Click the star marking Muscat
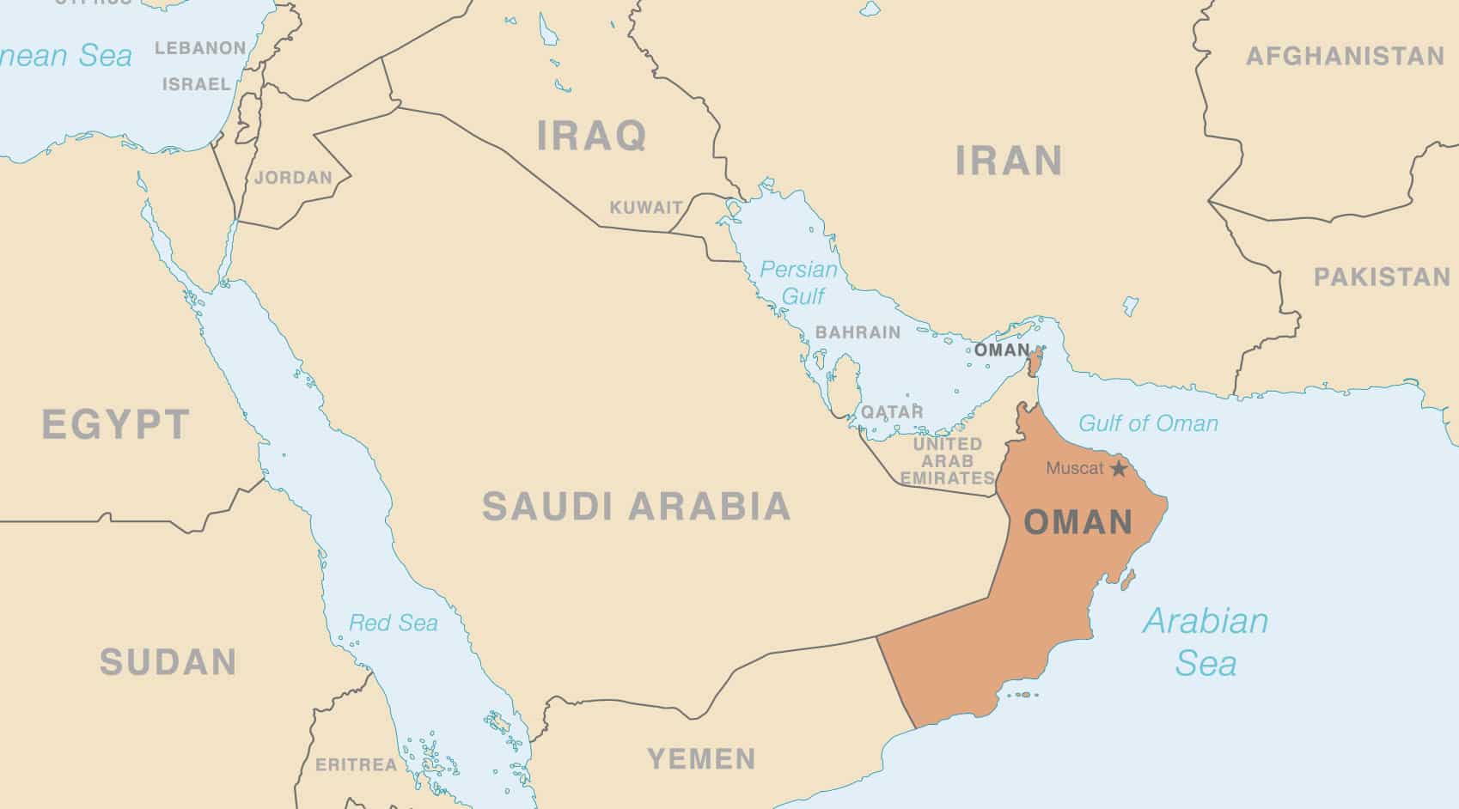pyautogui.click(x=1119, y=469)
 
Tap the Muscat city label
pyautogui.click(x=1074, y=469)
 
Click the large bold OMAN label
pyautogui.click(x=1078, y=522)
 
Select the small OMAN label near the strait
pyautogui.click(x=1001, y=350)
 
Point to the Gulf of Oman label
pyautogui.click(x=1148, y=423)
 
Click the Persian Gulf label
pyautogui.click(x=798, y=283)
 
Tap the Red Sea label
pyautogui.click(x=394, y=623)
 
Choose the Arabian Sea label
pyautogui.click(x=1206, y=642)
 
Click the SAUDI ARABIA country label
pyautogui.click(x=636, y=507)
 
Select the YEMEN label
pyautogui.click(x=701, y=759)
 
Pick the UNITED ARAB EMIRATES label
pyautogui.click(x=947, y=461)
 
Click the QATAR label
pyautogui.click(x=892, y=412)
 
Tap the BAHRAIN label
pyautogui.click(x=858, y=332)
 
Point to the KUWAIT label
pyautogui.click(x=646, y=208)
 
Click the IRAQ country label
pyautogui.click(x=591, y=137)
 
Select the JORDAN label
pyautogui.click(x=293, y=178)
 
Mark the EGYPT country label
pyautogui.click(x=116, y=425)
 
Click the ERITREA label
pyautogui.click(x=357, y=764)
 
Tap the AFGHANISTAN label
pyautogui.click(x=1345, y=57)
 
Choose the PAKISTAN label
pyautogui.click(x=1382, y=277)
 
